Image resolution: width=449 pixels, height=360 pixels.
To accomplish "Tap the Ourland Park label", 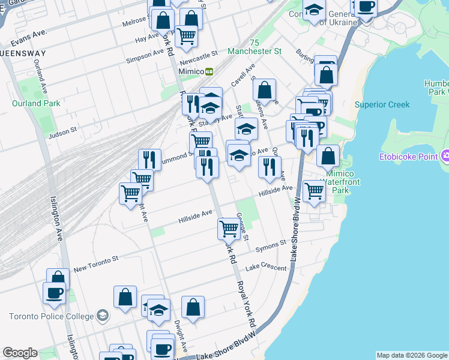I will [36, 103].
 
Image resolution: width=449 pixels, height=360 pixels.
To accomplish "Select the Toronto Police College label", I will [51, 316].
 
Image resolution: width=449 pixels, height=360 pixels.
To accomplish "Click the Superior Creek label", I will [382, 104].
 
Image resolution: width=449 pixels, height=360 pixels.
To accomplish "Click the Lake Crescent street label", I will [266, 267].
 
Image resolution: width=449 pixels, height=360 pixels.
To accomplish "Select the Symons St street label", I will [271, 245].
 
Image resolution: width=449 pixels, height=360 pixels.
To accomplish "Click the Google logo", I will [20, 353].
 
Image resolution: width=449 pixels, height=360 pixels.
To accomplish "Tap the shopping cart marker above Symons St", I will [229, 228].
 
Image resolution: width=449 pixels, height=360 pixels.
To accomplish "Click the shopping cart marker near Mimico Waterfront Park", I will [314, 191].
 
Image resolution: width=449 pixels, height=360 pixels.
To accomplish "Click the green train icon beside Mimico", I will [209, 71].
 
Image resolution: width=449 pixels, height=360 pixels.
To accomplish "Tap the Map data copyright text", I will [411, 355].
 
